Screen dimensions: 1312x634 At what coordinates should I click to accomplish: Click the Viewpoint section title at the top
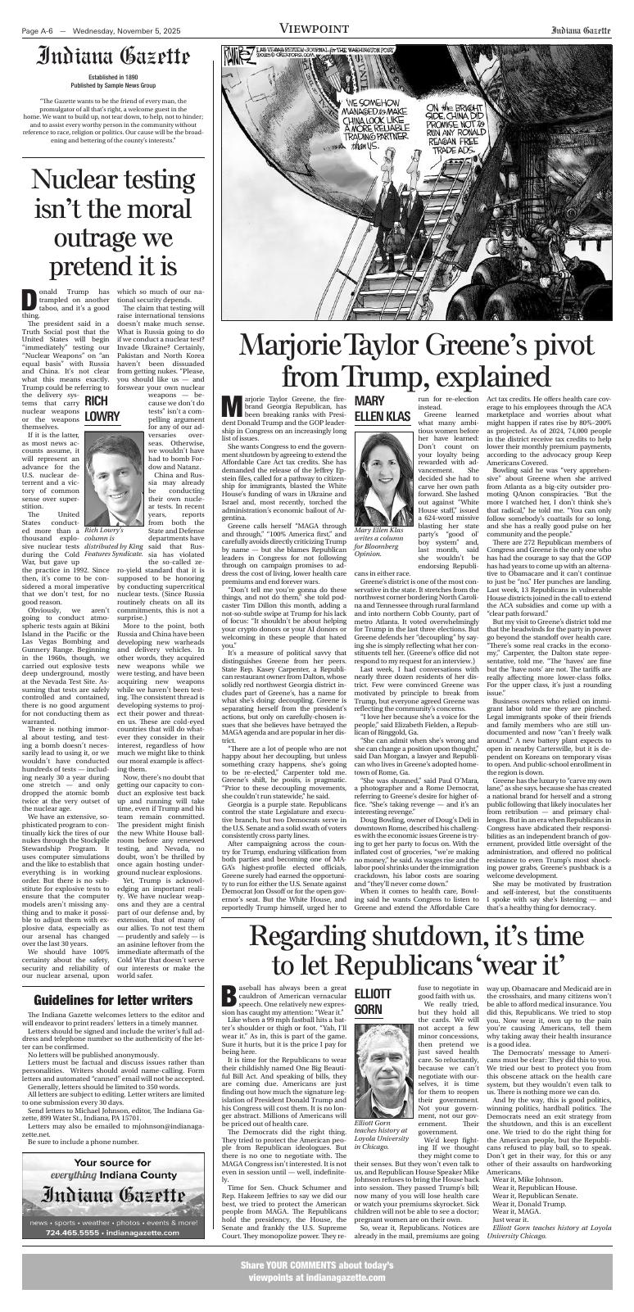coord(316,29)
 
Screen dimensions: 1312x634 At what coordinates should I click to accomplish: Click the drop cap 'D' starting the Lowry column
coord(29,299)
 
